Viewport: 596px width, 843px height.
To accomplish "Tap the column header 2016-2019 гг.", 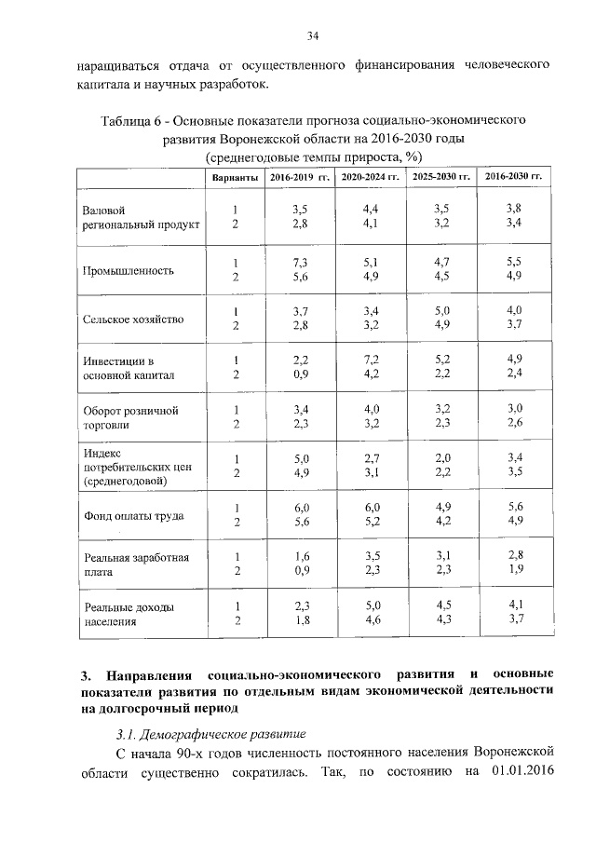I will pyautogui.click(x=300, y=177).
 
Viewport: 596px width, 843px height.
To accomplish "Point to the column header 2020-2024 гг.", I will pyautogui.click(x=370, y=177).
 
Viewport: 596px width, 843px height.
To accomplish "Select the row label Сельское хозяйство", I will pyautogui.click(x=133, y=320).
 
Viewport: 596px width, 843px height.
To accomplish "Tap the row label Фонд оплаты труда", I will pyautogui.click(x=133, y=515).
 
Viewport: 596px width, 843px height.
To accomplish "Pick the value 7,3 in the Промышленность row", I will pyautogui.click(x=300, y=264).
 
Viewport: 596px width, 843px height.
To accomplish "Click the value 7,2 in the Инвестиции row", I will pyautogui.click(x=370, y=360).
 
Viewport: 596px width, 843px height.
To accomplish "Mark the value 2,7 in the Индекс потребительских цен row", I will pyautogui.click(x=370, y=457).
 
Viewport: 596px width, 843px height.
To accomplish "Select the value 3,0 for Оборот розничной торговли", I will pyautogui.click(x=513, y=408).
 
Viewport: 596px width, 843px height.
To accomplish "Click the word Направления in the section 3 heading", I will pyautogui.click(x=149, y=673).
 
